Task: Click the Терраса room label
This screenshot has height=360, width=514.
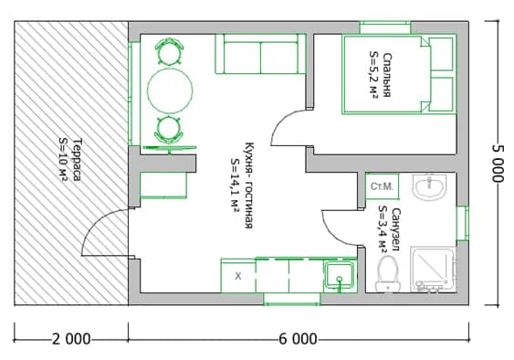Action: point(77,160)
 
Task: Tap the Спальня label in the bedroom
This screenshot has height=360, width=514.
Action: point(387,75)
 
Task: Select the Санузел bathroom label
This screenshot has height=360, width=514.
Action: point(395,229)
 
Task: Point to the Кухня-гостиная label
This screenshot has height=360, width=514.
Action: point(249,185)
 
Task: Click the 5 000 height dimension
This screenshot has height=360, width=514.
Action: point(498,164)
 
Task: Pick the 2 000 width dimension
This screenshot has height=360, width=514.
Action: point(71,339)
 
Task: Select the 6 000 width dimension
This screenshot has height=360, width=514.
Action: point(298,339)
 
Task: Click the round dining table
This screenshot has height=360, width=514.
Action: point(170,90)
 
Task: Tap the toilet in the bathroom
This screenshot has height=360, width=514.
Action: point(388,274)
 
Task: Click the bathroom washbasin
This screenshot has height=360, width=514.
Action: point(429,186)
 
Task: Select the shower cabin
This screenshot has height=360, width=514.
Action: point(433,270)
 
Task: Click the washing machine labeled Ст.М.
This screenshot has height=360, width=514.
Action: point(383,186)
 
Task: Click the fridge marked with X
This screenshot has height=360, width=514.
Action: point(238,276)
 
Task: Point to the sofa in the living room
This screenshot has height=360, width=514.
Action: point(260,54)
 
